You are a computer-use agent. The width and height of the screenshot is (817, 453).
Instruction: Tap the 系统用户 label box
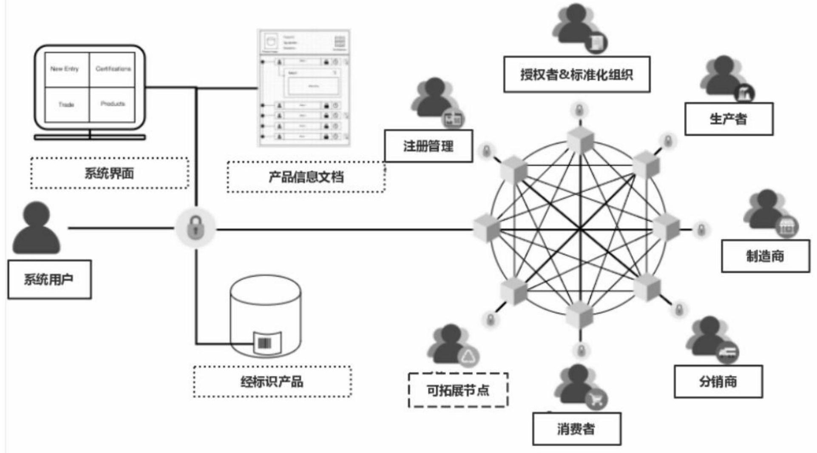(x=49, y=279)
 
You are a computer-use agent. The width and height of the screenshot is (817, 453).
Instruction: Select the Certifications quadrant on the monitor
(x=113, y=69)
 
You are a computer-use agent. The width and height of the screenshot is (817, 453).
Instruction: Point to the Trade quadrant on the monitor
(x=67, y=105)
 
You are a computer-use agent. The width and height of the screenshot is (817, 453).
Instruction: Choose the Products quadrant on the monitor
(x=113, y=104)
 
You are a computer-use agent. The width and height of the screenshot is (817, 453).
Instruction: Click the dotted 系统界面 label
(x=109, y=173)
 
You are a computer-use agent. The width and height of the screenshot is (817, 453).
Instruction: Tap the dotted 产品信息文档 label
(x=306, y=177)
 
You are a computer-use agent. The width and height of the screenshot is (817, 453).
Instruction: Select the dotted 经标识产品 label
(x=272, y=382)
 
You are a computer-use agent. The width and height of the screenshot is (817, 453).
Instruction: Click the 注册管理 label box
(x=428, y=146)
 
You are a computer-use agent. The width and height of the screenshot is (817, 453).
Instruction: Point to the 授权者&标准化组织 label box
(x=576, y=74)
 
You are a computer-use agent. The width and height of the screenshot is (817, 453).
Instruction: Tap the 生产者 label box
(x=729, y=119)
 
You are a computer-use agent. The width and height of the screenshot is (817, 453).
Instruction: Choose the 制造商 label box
(x=765, y=256)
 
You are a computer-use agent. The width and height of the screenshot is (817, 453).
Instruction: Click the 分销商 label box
(x=718, y=382)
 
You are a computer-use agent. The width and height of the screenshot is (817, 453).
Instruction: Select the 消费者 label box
(x=576, y=429)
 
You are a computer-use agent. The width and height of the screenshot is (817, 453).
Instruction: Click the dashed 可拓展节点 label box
(x=458, y=390)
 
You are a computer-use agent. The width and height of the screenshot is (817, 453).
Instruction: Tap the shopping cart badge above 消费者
(x=596, y=399)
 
